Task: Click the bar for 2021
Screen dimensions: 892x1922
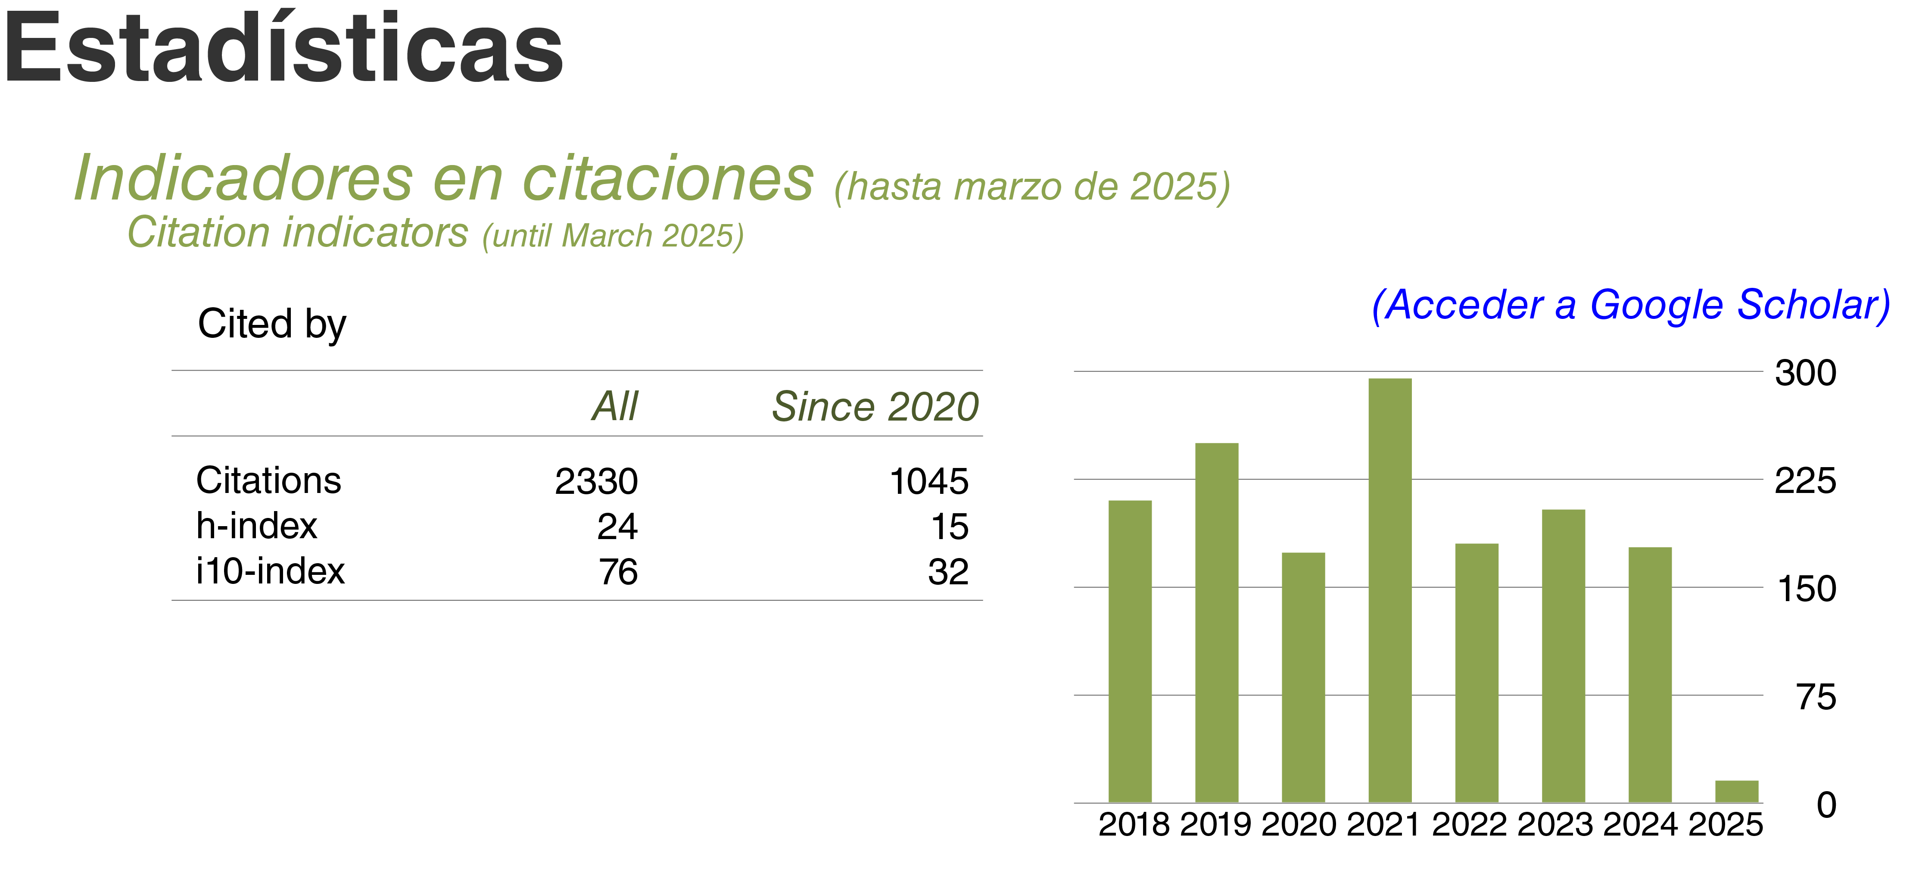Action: (x=1389, y=589)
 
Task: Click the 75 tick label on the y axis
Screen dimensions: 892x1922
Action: (x=1816, y=697)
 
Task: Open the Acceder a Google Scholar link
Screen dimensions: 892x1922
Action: (x=1631, y=305)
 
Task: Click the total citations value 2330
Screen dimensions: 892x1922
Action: (x=596, y=481)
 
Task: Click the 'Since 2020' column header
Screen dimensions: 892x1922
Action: (x=875, y=407)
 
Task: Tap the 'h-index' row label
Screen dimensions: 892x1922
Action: (x=257, y=526)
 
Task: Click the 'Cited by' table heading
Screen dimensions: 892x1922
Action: (x=271, y=324)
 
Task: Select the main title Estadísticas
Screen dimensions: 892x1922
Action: (x=283, y=49)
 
